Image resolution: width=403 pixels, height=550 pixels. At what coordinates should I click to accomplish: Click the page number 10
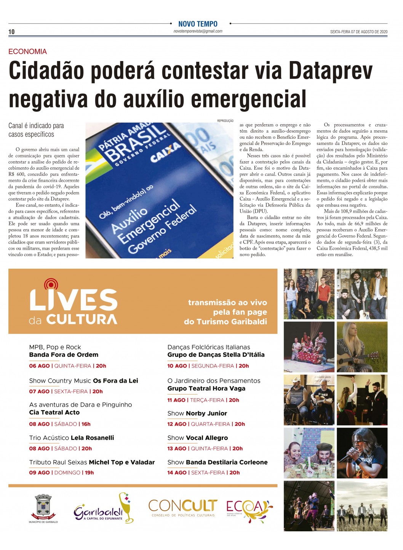tap(11, 32)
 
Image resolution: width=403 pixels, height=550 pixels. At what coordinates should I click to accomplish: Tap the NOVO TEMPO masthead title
tap(198, 24)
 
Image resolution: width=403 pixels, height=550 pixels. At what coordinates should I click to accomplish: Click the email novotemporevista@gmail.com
tap(198, 31)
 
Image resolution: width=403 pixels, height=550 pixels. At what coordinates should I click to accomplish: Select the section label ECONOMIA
tap(27, 51)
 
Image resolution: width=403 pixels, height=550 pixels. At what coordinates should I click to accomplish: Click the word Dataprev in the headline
tap(330, 71)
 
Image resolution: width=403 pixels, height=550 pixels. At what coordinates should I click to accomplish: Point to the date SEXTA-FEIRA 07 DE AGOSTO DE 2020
tap(358, 32)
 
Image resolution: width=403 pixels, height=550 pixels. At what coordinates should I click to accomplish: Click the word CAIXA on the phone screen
tap(165, 152)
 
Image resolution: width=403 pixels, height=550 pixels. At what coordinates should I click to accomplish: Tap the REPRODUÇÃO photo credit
tap(225, 121)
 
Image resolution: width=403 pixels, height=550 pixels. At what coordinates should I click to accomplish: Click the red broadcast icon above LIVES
tap(51, 284)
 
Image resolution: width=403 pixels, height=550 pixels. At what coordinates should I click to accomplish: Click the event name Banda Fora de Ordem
tap(64, 355)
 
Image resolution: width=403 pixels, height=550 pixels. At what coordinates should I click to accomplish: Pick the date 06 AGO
tap(39, 366)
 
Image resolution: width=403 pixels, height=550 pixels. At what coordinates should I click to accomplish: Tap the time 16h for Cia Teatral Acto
tap(86, 424)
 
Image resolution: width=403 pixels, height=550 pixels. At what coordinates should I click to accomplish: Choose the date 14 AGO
tap(177, 473)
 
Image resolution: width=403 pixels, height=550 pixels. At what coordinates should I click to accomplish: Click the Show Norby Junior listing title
tap(197, 414)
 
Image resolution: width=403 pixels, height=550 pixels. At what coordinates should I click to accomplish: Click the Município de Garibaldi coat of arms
tap(43, 507)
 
